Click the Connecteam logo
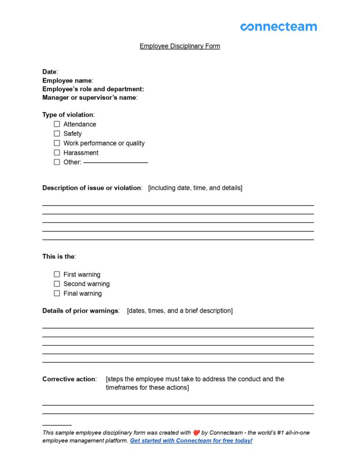pyautogui.click(x=278, y=27)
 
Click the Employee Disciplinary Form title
pyautogui.click(x=180, y=46)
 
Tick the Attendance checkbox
pyautogui.click(x=57, y=124)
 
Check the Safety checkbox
pyautogui.click(x=57, y=134)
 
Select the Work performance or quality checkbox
pyautogui.click(x=57, y=143)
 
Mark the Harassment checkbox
pyautogui.click(x=57, y=152)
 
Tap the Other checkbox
pyautogui.click(x=57, y=162)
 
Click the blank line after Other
pyautogui.click(x=115, y=162)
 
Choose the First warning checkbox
pyautogui.click(x=57, y=274)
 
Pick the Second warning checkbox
pyautogui.click(x=57, y=284)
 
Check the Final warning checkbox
pyautogui.click(x=57, y=293)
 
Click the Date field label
pyautogui.click(x=50, y=72)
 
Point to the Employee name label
pyautogui.click(x=67, y=81)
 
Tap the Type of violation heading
pyautogui.click(x=68, y=115)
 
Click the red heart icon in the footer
pyautogui.click(x=196, y=433)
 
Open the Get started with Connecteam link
pyautogui.click(x=191, y=441)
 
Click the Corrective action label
pyautogui.click(x=69, y=379)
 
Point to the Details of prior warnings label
pyautogui.click(x=81, y=310)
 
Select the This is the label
pyautogui.click(x=59, y=256)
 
